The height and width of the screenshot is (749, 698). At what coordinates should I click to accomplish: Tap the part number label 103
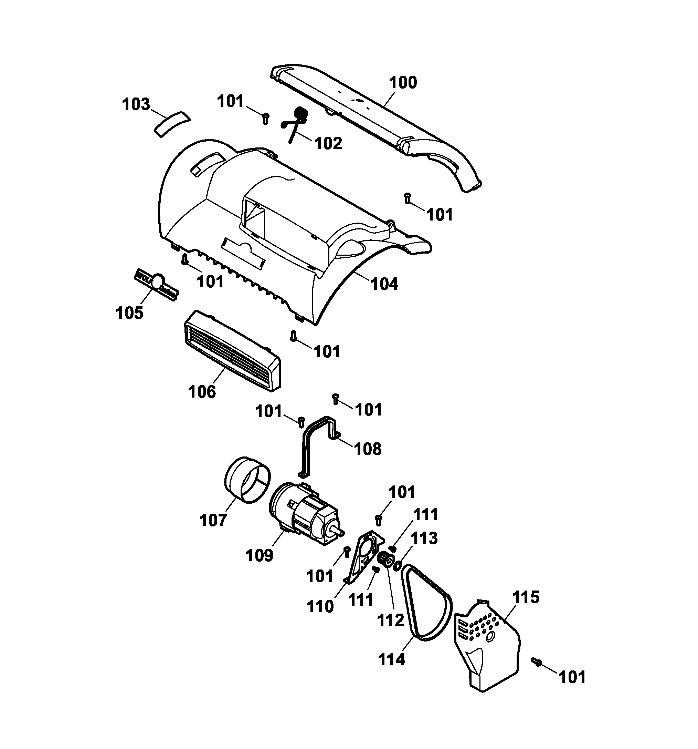[x=136, y=104]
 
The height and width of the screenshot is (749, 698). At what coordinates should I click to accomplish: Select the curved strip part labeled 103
[x=172, y=124]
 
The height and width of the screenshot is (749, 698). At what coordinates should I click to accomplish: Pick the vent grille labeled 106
[x=233, y=350]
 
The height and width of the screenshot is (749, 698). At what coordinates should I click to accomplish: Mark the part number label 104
[x=384, y=284]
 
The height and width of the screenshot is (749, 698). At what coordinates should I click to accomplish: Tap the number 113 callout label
[x=424, y=538]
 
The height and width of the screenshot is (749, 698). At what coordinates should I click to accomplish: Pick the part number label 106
[x=202, y=392]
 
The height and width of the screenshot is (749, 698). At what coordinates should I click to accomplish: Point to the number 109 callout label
[x=259, y=555]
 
